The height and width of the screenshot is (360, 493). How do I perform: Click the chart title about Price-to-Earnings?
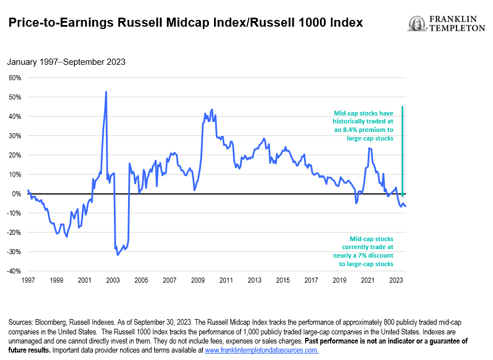pos(185,23)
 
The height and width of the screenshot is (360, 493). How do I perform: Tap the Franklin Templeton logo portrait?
pos(417,24)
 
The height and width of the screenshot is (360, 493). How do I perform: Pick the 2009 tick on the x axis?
pos(198,280)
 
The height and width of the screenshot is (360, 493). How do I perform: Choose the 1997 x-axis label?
pos(28,280)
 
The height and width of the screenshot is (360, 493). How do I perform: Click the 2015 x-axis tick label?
pos(282,280)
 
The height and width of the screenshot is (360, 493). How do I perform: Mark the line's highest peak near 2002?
pos(106,92)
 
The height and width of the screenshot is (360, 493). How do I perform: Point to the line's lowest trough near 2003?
pos(117,254)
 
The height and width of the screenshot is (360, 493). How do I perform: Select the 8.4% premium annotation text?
pos(363,126)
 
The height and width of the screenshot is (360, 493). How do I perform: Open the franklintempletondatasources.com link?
pos(261,350)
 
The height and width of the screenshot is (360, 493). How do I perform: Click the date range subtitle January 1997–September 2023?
pos(67,62)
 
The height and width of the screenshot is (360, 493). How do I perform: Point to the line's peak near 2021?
pos(369,148)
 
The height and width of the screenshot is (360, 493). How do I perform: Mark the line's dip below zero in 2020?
pos(356,202)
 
